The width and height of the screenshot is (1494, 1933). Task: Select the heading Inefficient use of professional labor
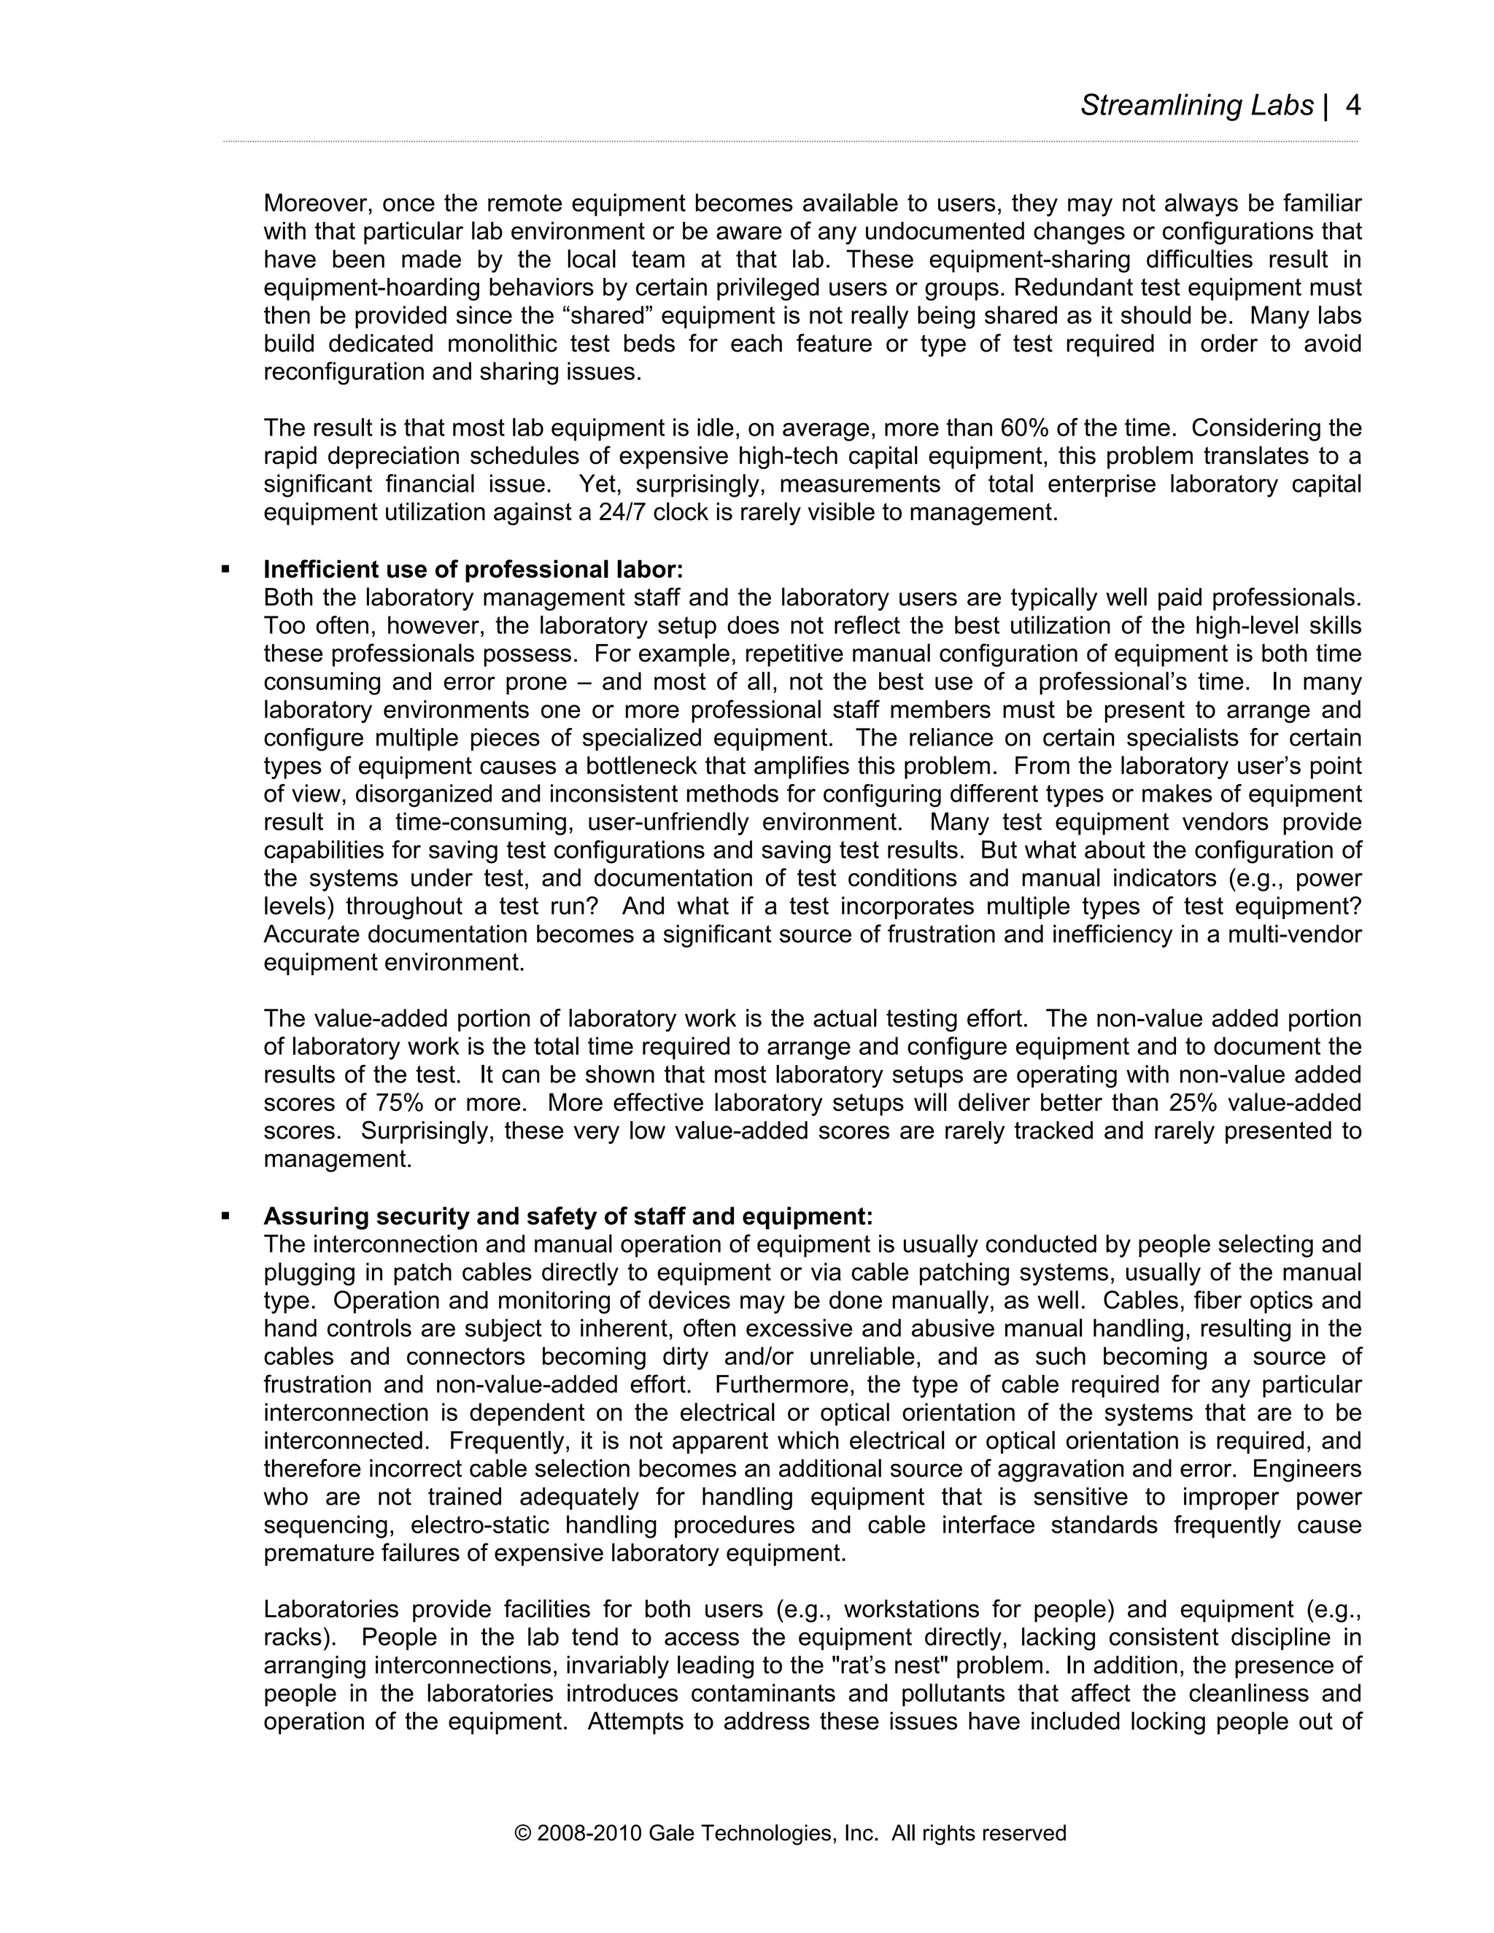tap(473, 569)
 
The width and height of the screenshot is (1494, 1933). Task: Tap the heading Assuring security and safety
tap(568, 1216)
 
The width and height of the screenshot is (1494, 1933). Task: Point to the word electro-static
tap(481, 1525)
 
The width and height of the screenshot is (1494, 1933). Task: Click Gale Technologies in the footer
tap(742, 1833)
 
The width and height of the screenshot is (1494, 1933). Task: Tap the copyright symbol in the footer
tap(522, 1833)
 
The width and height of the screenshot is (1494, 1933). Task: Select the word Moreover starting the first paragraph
tap(316, 204)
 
